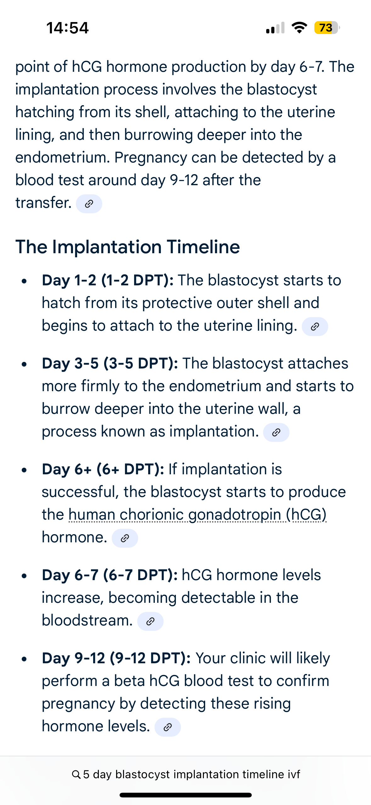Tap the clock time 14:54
[67, 28]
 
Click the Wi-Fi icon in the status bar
[299, 28]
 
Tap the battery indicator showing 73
[327, 28]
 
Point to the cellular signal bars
[275, 28]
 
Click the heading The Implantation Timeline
[128, 247]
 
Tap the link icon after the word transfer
[89, 204]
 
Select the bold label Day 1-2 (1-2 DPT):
[108, 280]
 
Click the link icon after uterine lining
[315, 327]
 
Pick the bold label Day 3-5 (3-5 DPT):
[110, 363]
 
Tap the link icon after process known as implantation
[276, 432]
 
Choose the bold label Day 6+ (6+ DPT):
[103, 469]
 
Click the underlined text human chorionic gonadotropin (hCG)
[197, 515]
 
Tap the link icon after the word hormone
[125, 538]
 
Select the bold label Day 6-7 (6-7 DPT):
[110, 575]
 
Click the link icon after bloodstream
[150, 621]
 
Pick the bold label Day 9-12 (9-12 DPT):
[116, 658]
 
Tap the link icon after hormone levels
[168, 727]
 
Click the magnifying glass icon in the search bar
[76, 774]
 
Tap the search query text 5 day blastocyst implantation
[161, 774]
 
